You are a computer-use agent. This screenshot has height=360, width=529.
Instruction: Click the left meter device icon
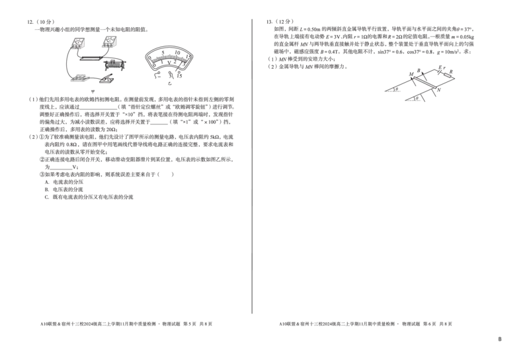tap(78, 44)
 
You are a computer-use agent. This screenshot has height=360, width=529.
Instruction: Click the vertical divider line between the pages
tap(252, 165)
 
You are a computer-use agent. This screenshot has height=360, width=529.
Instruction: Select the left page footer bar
tap(127, 324)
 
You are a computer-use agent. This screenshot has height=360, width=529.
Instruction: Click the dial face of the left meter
tap(78, 42)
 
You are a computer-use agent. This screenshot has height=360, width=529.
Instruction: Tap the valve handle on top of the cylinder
tap(114, 60)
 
